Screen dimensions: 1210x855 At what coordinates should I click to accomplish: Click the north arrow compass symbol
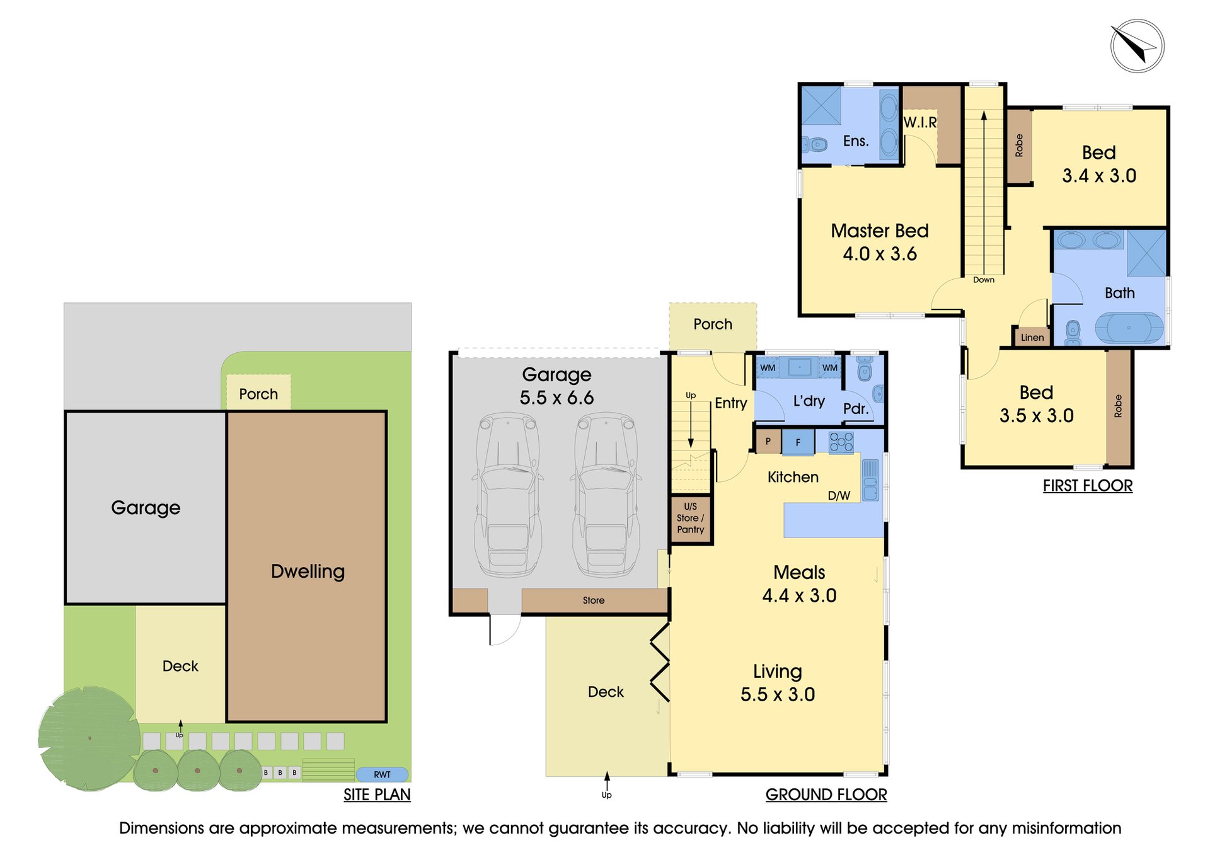(x=1137, y=45)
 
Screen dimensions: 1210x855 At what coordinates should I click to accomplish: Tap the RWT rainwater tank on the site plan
(x=382, y=774)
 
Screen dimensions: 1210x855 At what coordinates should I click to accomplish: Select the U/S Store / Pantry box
(x=691, y=518)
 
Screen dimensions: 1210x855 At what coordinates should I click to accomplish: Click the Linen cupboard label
(x=1032, y=337)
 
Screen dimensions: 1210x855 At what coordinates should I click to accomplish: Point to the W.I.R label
(x=920, y=122)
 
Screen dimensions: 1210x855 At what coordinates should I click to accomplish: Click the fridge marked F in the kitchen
(x=798, y=442)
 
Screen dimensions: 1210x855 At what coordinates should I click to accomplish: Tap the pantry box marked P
(x=768, y=441)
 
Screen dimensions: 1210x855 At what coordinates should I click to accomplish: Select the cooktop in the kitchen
(x=841, y=442)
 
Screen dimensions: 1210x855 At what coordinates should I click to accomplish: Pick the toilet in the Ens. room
(x=814, y=145)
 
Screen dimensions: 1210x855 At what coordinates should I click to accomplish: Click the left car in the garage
(x=507, y=495)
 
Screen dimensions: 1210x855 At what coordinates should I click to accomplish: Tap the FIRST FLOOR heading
(x=1088, y=486)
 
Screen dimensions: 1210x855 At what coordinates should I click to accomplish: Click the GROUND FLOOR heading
(x=826, y=795)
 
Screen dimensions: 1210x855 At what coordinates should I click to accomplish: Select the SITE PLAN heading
(x=377, y=795)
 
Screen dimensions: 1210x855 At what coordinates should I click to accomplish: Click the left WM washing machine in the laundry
(x=768, y=368)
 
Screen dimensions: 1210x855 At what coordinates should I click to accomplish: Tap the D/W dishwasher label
(x=839, y=496)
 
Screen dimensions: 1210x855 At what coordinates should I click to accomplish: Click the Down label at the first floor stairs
(x=984, y=280)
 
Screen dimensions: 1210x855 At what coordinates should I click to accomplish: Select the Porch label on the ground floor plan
(x=713, y=324)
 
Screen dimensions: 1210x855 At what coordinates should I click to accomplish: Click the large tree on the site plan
(x=89, y=738)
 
